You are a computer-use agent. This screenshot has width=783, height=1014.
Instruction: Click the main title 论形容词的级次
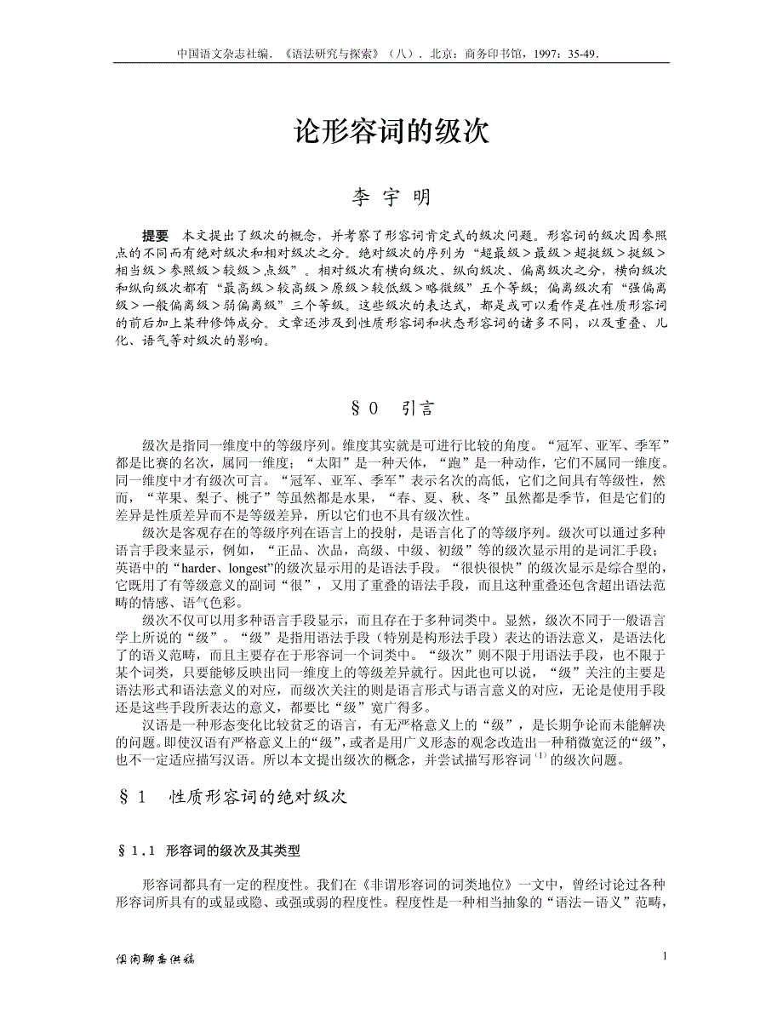coord(391,131)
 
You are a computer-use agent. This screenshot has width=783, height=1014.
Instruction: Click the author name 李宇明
coord(391,198)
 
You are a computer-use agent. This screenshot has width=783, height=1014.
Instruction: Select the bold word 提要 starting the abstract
coord(155,235)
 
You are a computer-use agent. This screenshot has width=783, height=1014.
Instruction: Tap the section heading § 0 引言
coord(392,409)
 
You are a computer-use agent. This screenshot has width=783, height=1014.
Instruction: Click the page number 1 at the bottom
coord(665,956)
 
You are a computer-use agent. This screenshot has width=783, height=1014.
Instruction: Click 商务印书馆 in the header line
coord(494,52)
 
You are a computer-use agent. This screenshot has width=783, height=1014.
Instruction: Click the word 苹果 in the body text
coord(164,496)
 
